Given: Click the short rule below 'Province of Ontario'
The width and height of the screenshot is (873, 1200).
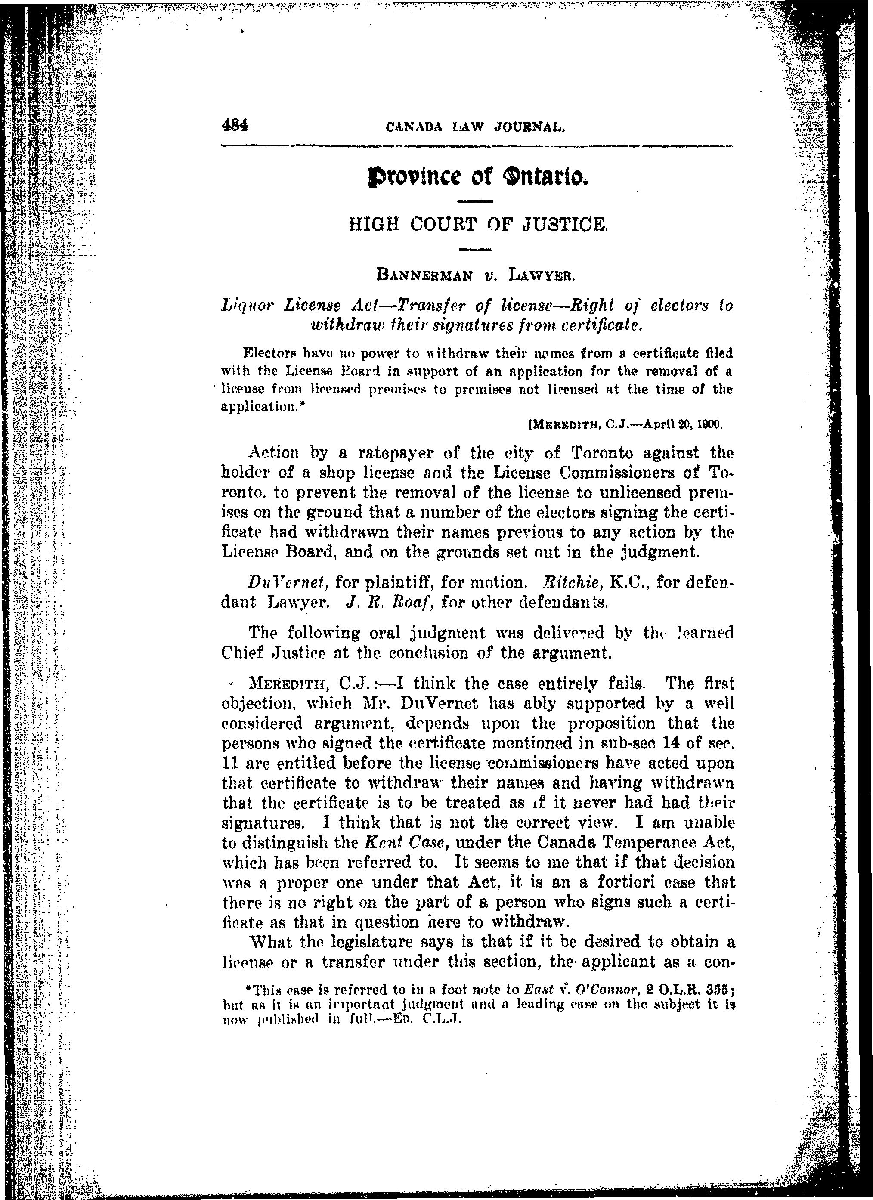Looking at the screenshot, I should (x=474, y=201).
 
